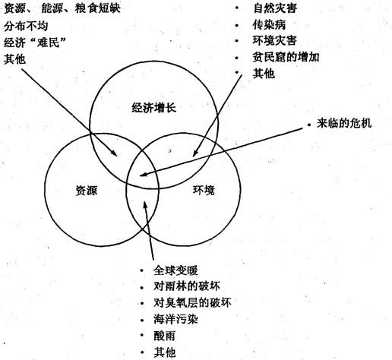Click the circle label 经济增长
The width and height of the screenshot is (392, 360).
154,108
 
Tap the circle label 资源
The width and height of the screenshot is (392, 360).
87,191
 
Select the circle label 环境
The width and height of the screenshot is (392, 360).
204,190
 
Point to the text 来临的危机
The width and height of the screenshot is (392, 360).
344,123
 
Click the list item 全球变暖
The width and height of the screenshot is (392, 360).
175,270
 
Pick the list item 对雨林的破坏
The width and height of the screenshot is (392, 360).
187,286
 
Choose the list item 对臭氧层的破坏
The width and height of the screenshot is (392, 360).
192,302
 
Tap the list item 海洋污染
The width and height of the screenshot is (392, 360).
175,319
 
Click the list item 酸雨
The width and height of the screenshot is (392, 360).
164,336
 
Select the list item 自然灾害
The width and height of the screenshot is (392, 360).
275,8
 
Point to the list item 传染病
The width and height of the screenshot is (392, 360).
270,24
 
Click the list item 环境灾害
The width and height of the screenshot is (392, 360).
275,40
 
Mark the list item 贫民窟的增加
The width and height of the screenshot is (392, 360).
286,57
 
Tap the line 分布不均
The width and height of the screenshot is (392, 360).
26,26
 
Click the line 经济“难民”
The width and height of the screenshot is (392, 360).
35,43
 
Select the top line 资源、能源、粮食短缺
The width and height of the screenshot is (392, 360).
62,8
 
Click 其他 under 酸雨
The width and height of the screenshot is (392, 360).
164,352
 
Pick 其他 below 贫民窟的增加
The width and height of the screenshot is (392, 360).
264,74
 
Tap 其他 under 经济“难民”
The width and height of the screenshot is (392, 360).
14,59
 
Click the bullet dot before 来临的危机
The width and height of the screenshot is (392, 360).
309,125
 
